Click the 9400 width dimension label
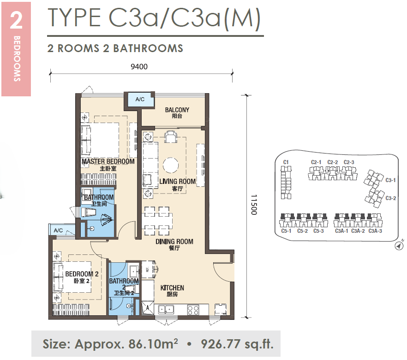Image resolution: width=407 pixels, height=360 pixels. coord(139,67)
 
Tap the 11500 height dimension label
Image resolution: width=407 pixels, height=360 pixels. coord(254,205)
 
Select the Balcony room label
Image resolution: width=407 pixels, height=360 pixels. coord(177,113)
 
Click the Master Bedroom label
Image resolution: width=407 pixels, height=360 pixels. coord(108,165)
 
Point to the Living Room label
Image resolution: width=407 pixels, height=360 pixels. coord(178,185)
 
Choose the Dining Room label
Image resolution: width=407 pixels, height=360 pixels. coord(174,245)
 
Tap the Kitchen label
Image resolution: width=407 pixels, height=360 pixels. coord(172,291)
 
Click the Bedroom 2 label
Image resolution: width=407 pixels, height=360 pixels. coord(82,277)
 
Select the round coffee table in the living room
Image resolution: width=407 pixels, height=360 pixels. coord(171,165)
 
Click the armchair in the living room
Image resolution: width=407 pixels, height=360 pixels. coord(171,137)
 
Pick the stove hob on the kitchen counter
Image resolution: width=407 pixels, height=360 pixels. coord(193,310)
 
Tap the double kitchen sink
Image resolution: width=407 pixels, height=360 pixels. coord(166,310)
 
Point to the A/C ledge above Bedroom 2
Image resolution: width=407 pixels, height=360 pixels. coord(59,230)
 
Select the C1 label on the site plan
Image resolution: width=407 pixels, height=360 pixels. coord(286,162)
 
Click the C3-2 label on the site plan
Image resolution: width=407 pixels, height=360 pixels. coord(391,198)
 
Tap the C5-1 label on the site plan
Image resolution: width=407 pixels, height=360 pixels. coord(286,231)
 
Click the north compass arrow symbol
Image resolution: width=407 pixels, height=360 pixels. coord(399,245)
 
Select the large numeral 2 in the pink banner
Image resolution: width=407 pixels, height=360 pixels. coord(16,20)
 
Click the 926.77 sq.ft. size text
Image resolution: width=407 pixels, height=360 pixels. coord(237,344)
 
